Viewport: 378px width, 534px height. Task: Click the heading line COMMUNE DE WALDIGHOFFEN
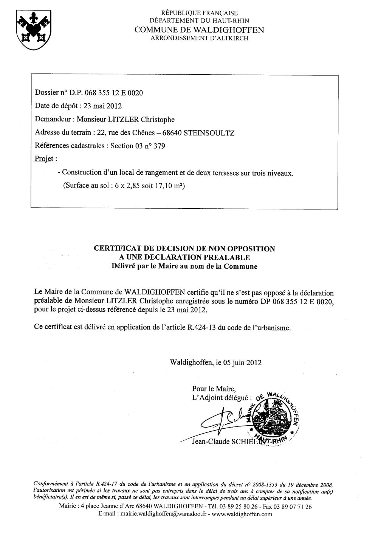click(199, 30)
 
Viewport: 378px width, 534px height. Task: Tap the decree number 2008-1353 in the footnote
click(265, 484)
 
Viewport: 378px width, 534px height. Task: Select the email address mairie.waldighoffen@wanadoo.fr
click(167, 514)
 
